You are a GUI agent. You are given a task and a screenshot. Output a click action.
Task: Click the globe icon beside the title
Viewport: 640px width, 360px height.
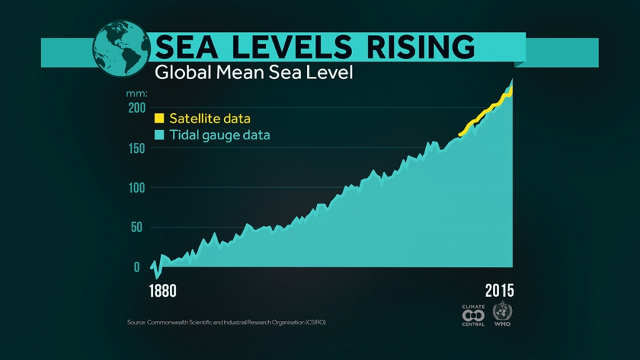[x=122, y=48]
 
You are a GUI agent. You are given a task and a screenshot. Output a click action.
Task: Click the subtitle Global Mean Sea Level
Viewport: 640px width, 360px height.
[x=254, y=73]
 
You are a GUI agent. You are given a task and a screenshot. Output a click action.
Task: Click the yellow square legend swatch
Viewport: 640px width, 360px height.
[x=159, y=118]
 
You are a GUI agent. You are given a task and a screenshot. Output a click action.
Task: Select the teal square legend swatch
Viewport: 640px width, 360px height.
[x=159, y=134]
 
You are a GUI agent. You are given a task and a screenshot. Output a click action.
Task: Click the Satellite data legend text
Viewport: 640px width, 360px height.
[x=210, y=118]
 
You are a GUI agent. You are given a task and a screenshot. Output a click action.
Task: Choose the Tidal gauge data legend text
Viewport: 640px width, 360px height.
[x=220, y=134]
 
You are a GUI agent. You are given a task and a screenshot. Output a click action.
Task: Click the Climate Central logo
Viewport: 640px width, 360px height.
[x=474, y=314]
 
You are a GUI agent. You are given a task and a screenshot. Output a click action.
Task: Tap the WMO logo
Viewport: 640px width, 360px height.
[x=502, y=314]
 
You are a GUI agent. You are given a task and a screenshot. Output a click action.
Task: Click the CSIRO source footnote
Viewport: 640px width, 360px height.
[x=226, y=322]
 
